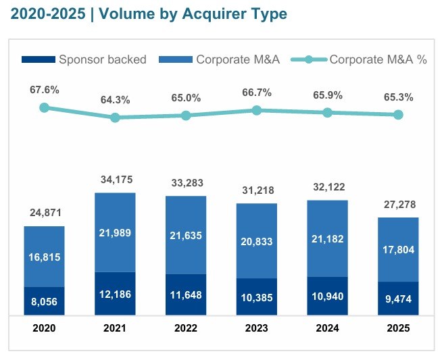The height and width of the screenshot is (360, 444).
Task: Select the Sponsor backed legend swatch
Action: (39, 59)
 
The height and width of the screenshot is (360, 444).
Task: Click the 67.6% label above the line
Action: (45, 90)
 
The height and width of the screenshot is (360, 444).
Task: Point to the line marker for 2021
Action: (115, 118)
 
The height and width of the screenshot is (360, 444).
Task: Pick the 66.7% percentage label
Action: (257, 93)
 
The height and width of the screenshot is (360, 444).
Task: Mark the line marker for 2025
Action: (398, 115)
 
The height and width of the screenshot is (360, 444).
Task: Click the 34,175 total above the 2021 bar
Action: (115, 180)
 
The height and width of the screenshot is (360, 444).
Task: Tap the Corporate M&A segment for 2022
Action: (186, 235)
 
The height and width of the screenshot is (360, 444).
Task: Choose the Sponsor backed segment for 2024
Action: (327, 296)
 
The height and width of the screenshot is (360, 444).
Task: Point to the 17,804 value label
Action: (398, 251)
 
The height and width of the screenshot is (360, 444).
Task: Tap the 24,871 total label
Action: (45, 213)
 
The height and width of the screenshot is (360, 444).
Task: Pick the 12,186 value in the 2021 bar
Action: (115, 295)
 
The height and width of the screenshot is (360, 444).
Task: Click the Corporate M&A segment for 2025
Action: (398, 249)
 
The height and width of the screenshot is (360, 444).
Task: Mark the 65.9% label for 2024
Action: (327, 95)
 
